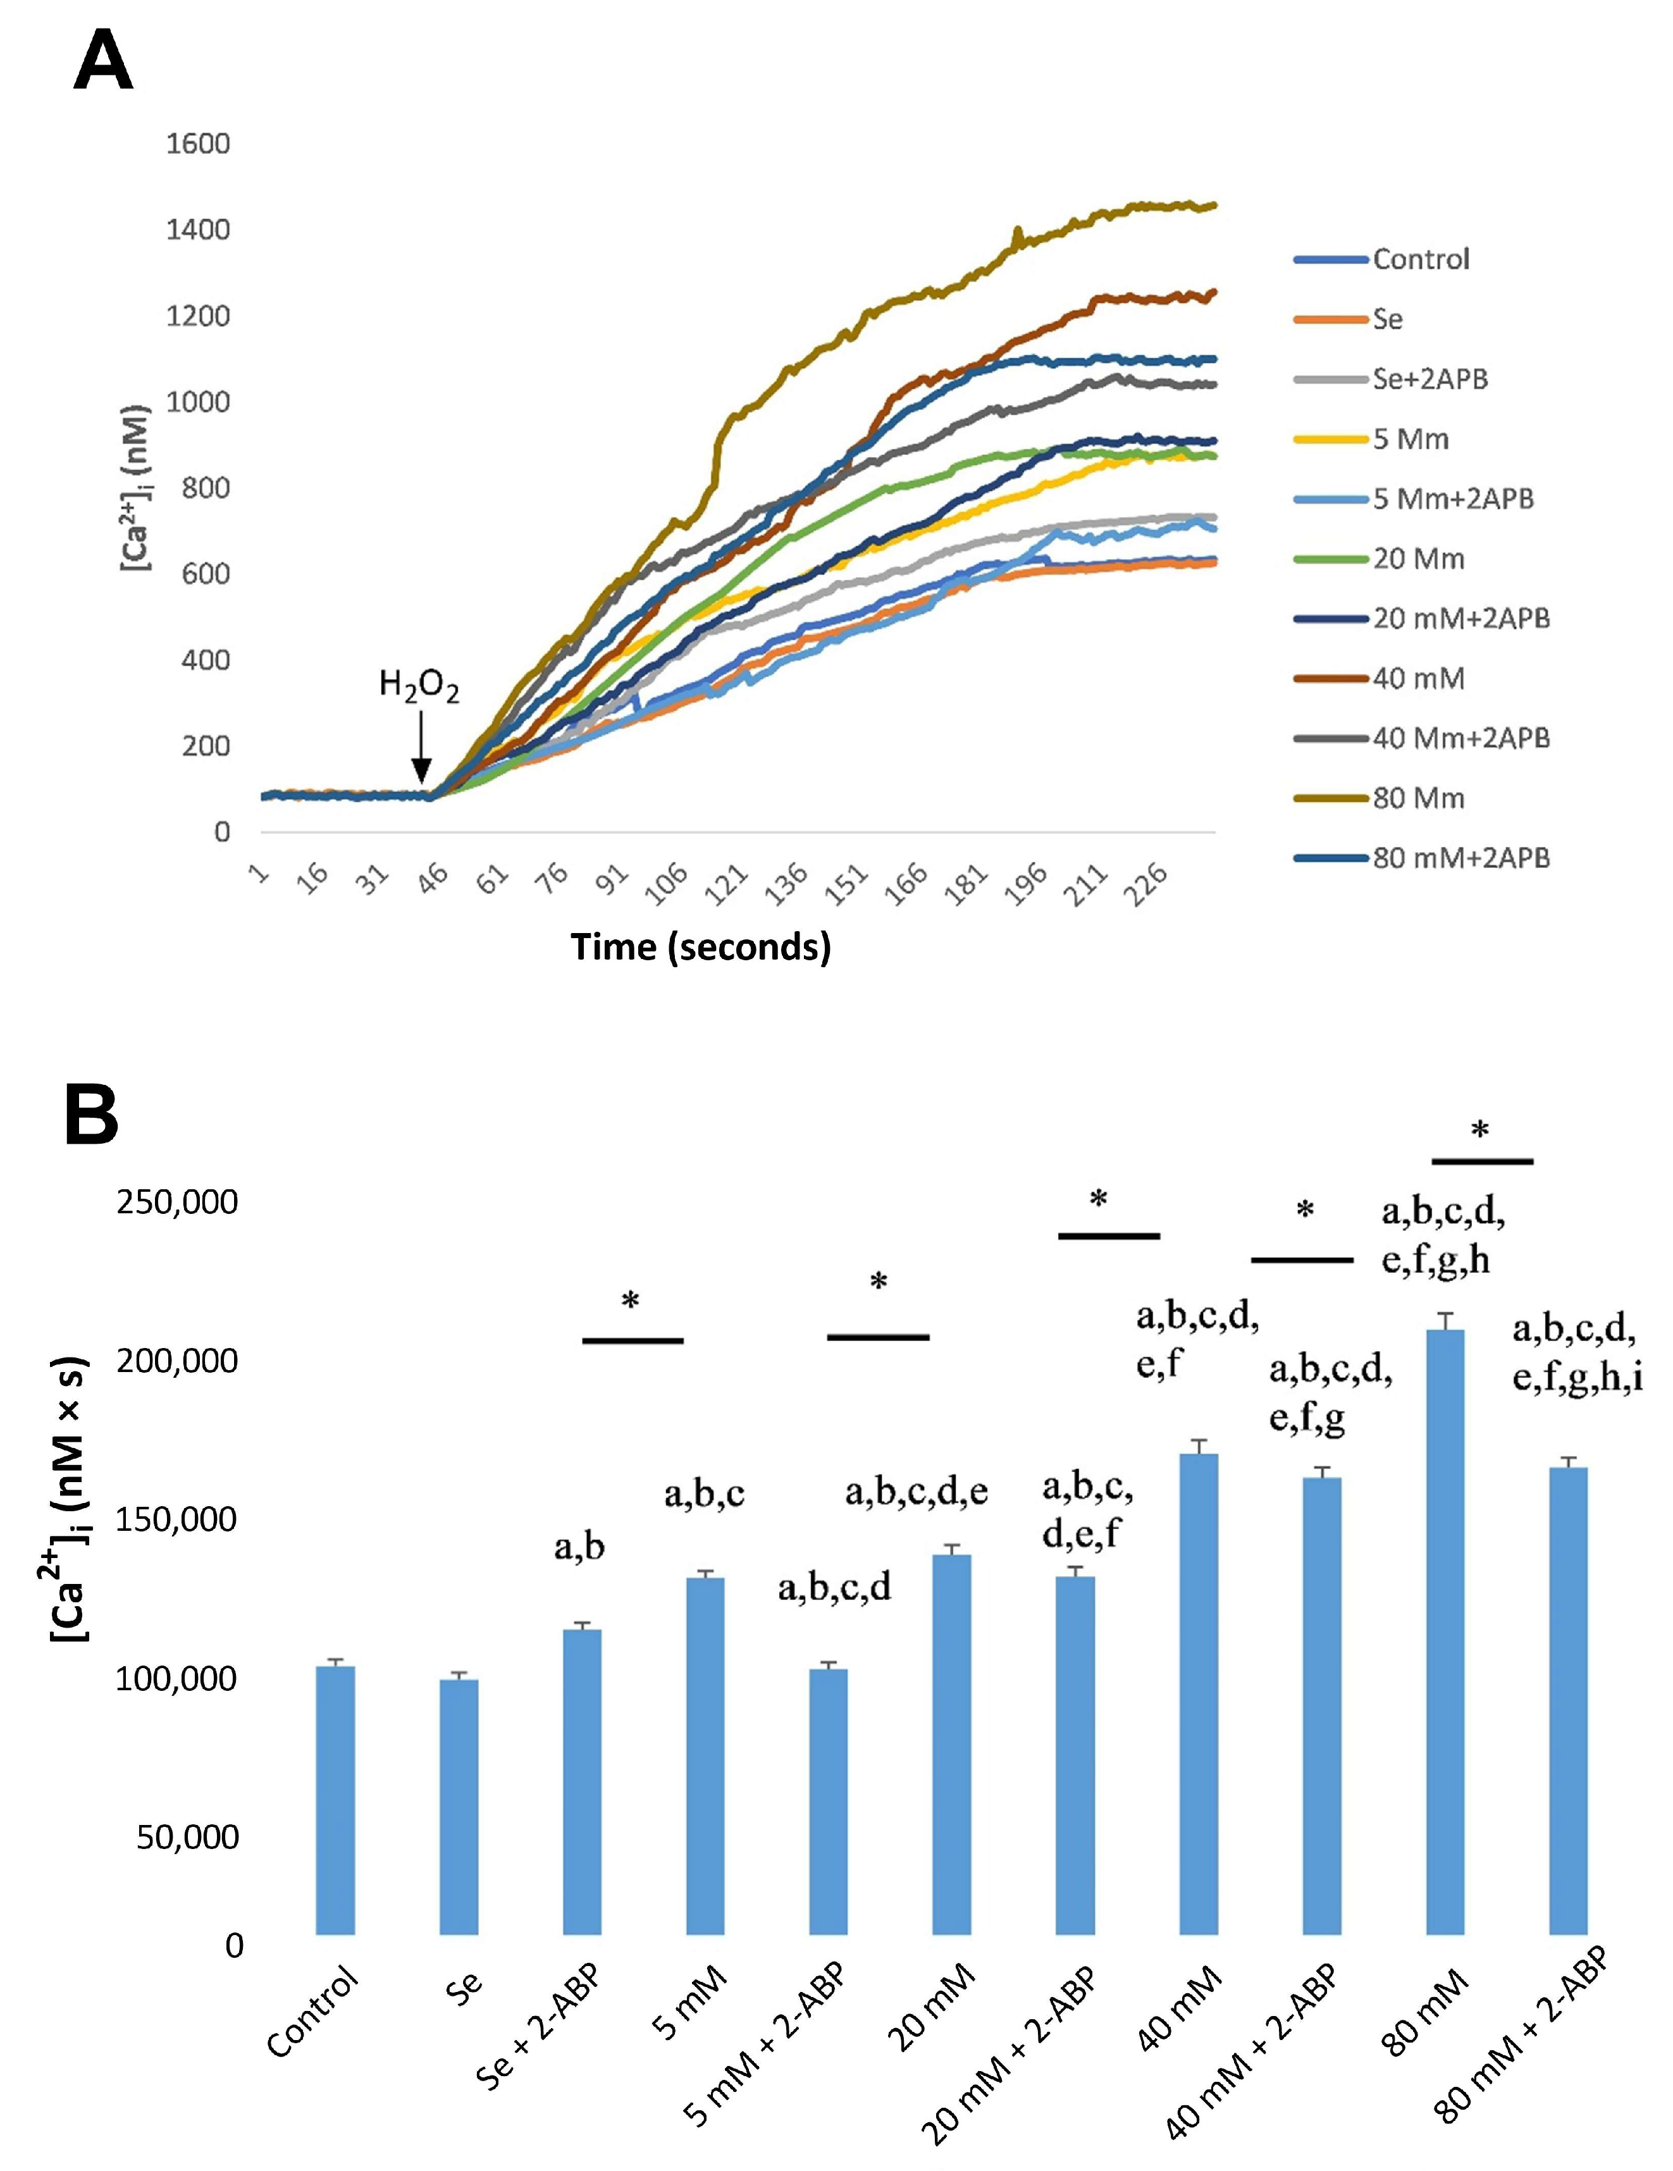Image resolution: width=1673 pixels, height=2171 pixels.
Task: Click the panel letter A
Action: [x=102, y=61]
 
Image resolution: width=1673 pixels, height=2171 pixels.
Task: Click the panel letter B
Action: [x=92, y=1116]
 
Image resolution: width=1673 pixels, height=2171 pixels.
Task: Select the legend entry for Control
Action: [x=1421, y=259]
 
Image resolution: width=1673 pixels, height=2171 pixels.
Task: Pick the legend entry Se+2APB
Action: [x=1429, y=379]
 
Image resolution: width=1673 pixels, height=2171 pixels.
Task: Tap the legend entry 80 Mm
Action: [x=1419, y=798]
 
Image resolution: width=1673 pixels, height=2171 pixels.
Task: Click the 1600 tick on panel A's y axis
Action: [x=198, y=144]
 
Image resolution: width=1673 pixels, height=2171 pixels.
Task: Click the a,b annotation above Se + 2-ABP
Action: [x=579, y=1547]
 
